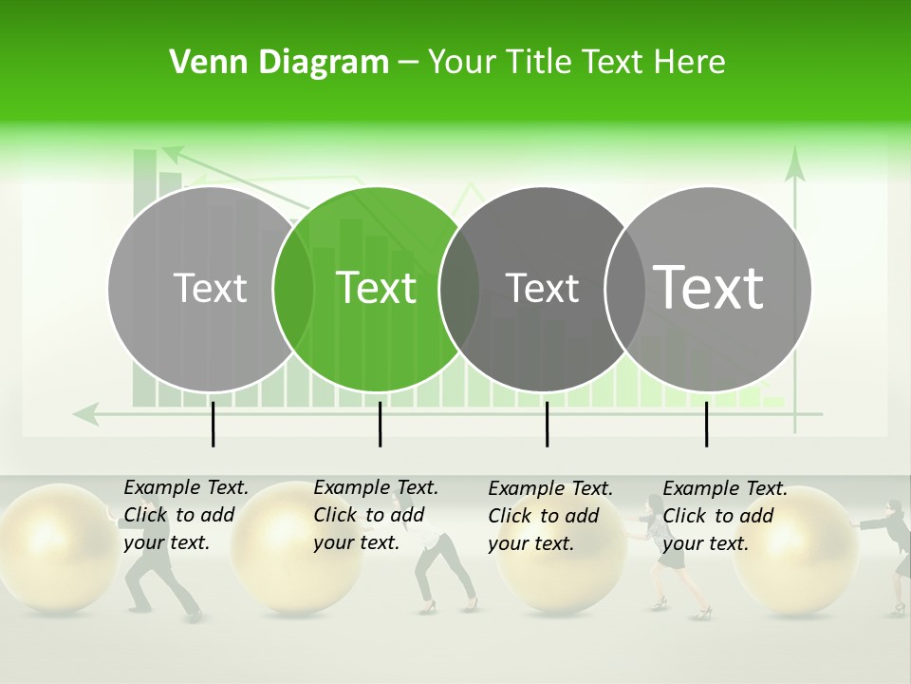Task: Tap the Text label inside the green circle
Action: [376, 288]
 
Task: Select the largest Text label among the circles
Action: [708, 287]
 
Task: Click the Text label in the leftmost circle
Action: [210, 288]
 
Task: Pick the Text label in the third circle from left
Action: [542, 288]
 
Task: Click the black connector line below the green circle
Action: [380, 424]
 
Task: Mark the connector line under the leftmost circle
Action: [213, 424]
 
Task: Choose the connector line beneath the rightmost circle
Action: [706, 424]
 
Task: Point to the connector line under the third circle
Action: [547, 424]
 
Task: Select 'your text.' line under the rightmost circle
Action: [705, 543]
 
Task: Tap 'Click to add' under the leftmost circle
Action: [178, 515]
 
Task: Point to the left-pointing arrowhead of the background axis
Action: [85, 413]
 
